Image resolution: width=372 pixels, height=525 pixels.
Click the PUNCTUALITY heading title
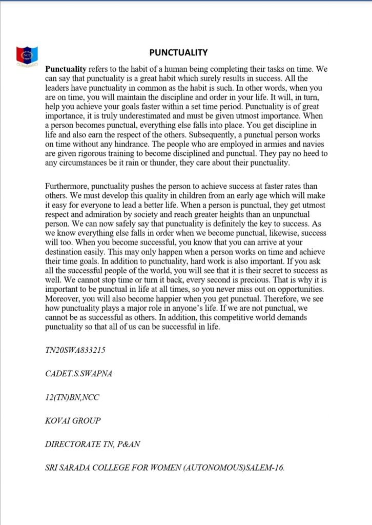click(178, 52)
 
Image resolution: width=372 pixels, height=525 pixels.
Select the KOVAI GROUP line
click(73, 421)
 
